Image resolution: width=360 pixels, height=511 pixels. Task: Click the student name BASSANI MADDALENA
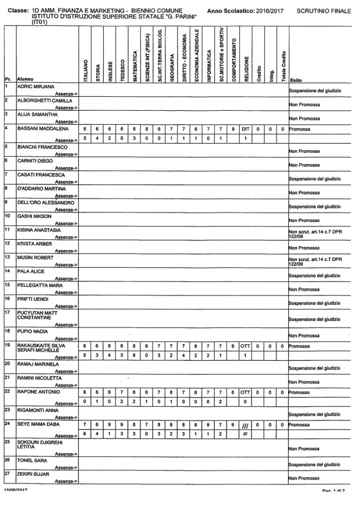(x=40, y=128)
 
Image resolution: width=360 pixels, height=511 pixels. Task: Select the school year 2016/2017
(x=269, y=10)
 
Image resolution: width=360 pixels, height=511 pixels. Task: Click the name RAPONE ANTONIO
(x=36, y=391)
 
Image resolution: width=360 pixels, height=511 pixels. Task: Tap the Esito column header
(x=295, y=80)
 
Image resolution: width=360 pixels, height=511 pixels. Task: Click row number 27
(x=7, y=474)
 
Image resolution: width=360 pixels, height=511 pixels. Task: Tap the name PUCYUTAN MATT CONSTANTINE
(x=37, y=316)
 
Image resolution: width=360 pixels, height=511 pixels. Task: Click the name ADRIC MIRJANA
(x=36, y=86)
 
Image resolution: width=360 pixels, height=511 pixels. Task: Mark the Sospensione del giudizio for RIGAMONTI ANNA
(x=314, y=414)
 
